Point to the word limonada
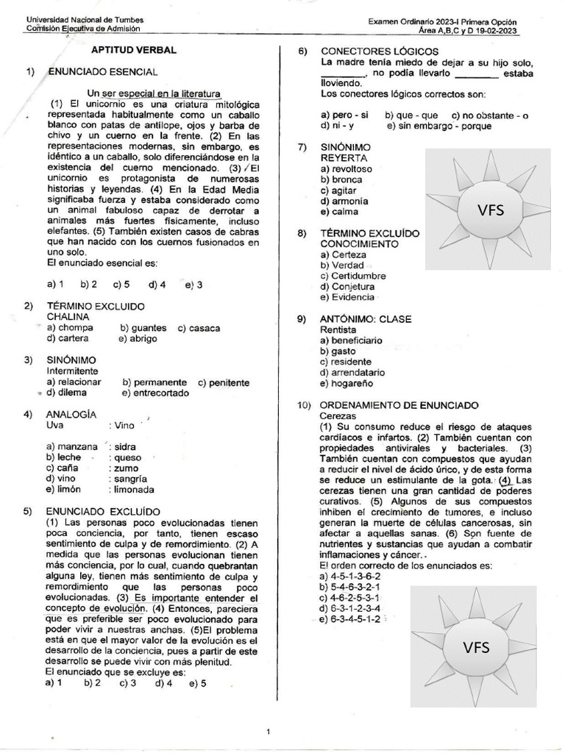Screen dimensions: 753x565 pyautogui.click(x=133, y=489)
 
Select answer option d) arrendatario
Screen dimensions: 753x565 pyautogui.click(x=352, y=373)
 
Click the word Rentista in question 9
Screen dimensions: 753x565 pyautogui.click(x=338, y=330)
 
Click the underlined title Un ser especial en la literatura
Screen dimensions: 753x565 pyautogui.click(x=154, y=93)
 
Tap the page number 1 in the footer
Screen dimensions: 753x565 pyautogui.click(x=269, y=732)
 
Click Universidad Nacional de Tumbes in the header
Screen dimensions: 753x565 pyautogui.click(x=85, y=20)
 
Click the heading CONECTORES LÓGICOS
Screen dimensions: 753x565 pyautogui.click(x=380, y=51)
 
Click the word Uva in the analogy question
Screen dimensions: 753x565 pyautogui.click(x=54, y=425)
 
